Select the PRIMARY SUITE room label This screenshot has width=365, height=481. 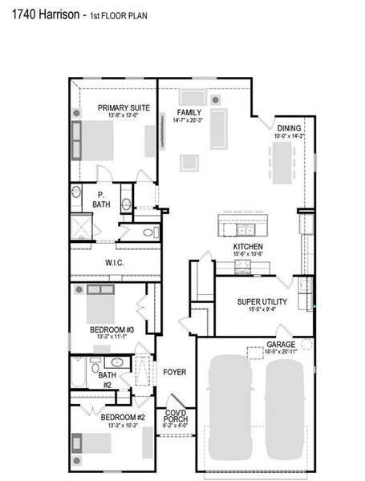point(118,107)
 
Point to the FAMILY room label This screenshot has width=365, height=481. point(189,112)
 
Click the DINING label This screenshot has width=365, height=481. point(289,128)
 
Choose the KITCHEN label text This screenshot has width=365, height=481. point(248,246)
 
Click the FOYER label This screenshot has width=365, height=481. point(175,372)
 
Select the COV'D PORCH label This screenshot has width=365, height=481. point(176,416)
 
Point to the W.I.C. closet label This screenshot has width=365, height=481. point(113,261)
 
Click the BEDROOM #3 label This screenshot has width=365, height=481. point(112,328)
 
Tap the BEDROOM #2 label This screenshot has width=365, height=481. point(123,417)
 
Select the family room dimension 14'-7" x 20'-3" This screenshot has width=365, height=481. point(189,120)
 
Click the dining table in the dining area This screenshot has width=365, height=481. point(288,165)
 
